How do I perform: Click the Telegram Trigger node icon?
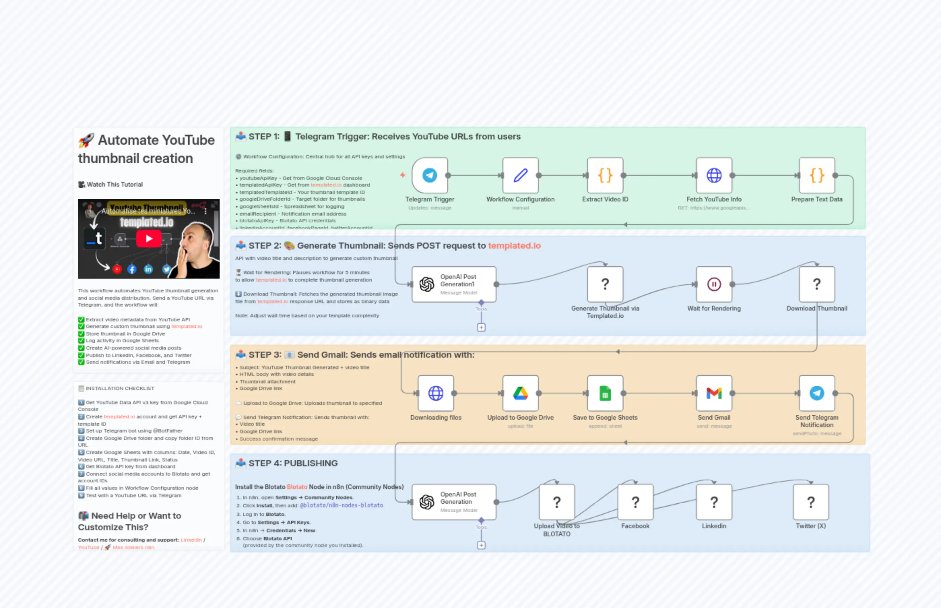[429, 175]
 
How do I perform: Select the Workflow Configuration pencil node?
[520, 175]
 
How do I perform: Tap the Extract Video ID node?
[605, 175]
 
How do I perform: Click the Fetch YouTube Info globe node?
[714, 175]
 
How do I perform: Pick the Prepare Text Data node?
[817, 175]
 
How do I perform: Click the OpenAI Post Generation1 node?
[454, 284]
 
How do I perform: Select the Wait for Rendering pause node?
[714, 284]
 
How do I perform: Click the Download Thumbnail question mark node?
[817, 284]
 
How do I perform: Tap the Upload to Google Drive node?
[520, 393]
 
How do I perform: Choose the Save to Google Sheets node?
[605, 393]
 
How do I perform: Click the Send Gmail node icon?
[714, 393]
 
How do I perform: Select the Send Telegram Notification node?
[817, 393]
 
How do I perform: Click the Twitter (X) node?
[811, 502]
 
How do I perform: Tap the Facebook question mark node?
[635, 502]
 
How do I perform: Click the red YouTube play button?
[149, 238]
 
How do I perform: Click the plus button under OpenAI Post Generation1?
[481, 328]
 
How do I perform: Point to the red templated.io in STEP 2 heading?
[514, 246]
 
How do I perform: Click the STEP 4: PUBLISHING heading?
[293, 463]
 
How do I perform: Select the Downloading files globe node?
[435, 393]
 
